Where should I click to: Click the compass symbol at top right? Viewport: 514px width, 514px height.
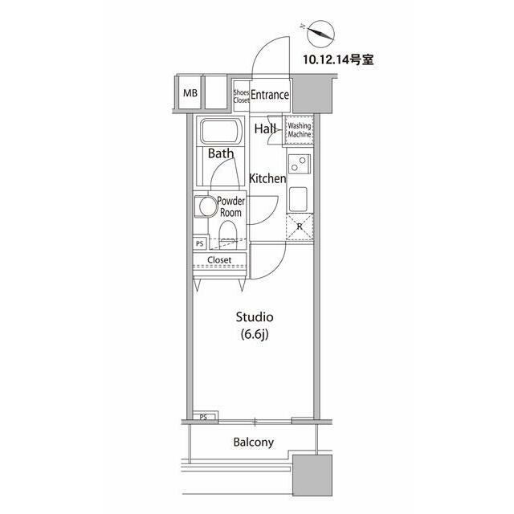point(320,34)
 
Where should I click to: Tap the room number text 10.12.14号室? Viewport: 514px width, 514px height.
point(338,59)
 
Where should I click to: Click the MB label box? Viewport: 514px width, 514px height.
point(190,93)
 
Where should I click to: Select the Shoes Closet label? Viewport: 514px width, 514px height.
point(241,96)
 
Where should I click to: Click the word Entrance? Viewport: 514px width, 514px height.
point(270,95)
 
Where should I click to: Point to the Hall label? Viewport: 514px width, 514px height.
point(265,128)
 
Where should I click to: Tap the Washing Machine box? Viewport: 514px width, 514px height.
point(299,130)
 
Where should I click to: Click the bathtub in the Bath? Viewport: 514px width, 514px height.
point(222,132)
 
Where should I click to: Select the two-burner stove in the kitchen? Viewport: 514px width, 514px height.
point(299,164)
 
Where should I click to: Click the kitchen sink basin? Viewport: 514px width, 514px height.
point(298,199)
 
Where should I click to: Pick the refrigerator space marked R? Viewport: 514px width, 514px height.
point(300,226)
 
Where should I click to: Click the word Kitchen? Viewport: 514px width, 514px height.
point(267,178)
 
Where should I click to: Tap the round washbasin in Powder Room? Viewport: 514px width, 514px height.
point(208,207)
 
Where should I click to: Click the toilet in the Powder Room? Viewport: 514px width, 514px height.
point(227,233)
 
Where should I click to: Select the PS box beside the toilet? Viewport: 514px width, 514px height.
point(200,243)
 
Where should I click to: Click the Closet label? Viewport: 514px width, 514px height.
point(219,259)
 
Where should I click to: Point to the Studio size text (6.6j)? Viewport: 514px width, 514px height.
point(255,335)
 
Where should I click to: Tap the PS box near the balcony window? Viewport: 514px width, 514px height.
point(203,417)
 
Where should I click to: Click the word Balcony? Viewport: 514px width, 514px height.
point(254,443)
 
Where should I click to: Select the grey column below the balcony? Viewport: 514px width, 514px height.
point(312,475)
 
